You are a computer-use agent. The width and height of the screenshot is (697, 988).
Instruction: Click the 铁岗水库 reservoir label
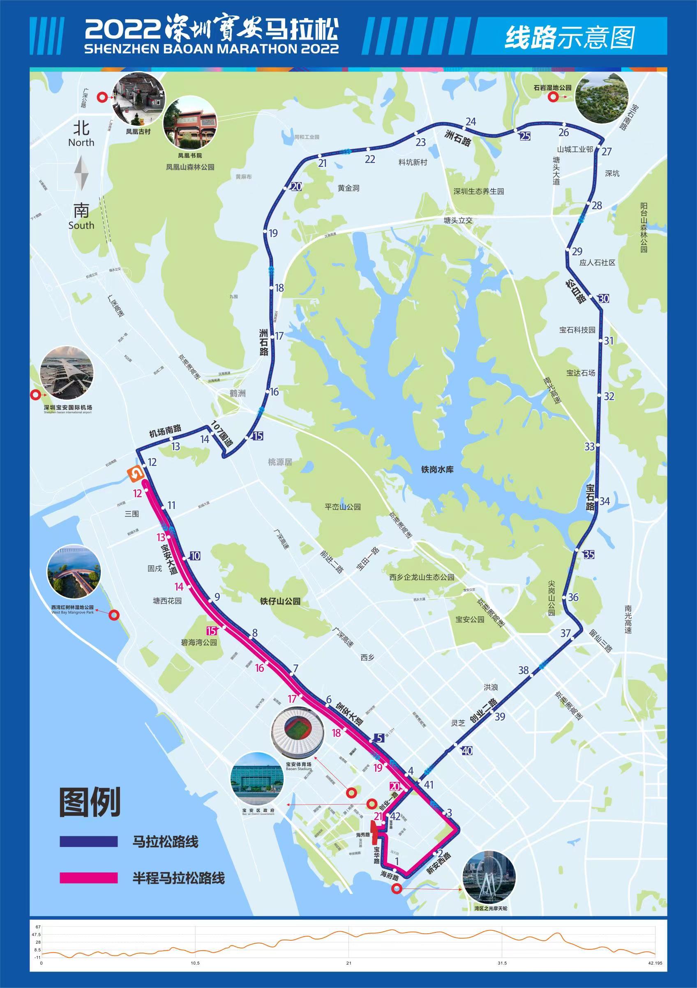[x=437, y=469]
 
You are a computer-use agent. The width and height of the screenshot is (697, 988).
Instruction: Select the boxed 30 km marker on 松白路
[x=604, y=298]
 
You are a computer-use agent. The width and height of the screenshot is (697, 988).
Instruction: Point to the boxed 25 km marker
[x=525, y=137]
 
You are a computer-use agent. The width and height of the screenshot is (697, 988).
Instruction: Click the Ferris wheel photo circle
[x=488, y=877]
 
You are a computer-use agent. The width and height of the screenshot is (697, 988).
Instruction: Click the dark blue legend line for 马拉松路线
[x=89, y=842]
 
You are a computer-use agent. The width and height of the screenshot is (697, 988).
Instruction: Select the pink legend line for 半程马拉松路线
[x=89, y=878]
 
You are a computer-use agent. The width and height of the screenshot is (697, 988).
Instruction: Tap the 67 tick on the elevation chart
[x=38, y=926]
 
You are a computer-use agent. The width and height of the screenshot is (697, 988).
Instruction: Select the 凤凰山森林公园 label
[x=190, y=167]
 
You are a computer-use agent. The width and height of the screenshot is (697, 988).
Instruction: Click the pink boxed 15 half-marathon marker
[x=211, y=631]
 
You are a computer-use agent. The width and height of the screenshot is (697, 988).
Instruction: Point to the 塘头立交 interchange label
[x=458, y=220]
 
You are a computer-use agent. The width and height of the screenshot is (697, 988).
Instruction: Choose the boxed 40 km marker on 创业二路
[x=467, y=751]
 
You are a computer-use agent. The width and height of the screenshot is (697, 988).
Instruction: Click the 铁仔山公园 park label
[x=280, y=601]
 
